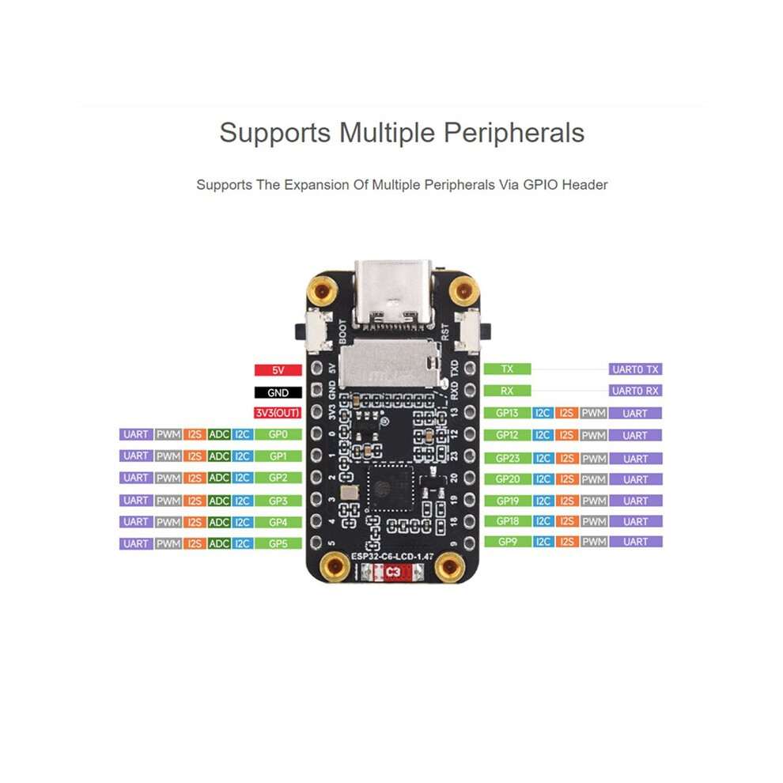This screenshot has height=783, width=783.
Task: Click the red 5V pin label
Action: point(278,370)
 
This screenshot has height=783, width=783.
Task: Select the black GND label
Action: point(278,392)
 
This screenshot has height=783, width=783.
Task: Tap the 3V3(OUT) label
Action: point(278,413)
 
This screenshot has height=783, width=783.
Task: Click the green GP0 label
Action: point(278,434)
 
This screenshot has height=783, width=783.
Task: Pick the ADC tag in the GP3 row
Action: point(219,501)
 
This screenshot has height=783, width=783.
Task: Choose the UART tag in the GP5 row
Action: point(136,543)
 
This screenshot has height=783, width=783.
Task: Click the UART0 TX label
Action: point(635,369)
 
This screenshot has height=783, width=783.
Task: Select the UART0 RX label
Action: point(635,391)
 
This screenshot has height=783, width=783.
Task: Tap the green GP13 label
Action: point(507,413)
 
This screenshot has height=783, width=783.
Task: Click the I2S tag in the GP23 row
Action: point(566,459)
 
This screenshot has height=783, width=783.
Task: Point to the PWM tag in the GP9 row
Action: point(594,541)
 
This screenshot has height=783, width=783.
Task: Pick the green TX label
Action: point(507,369)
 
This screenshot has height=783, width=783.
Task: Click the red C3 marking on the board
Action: point(393,572)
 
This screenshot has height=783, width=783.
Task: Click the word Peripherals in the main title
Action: point(514,133)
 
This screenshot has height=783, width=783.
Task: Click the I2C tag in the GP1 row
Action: point(242,456)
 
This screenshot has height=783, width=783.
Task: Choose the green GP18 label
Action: point(507,521)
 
